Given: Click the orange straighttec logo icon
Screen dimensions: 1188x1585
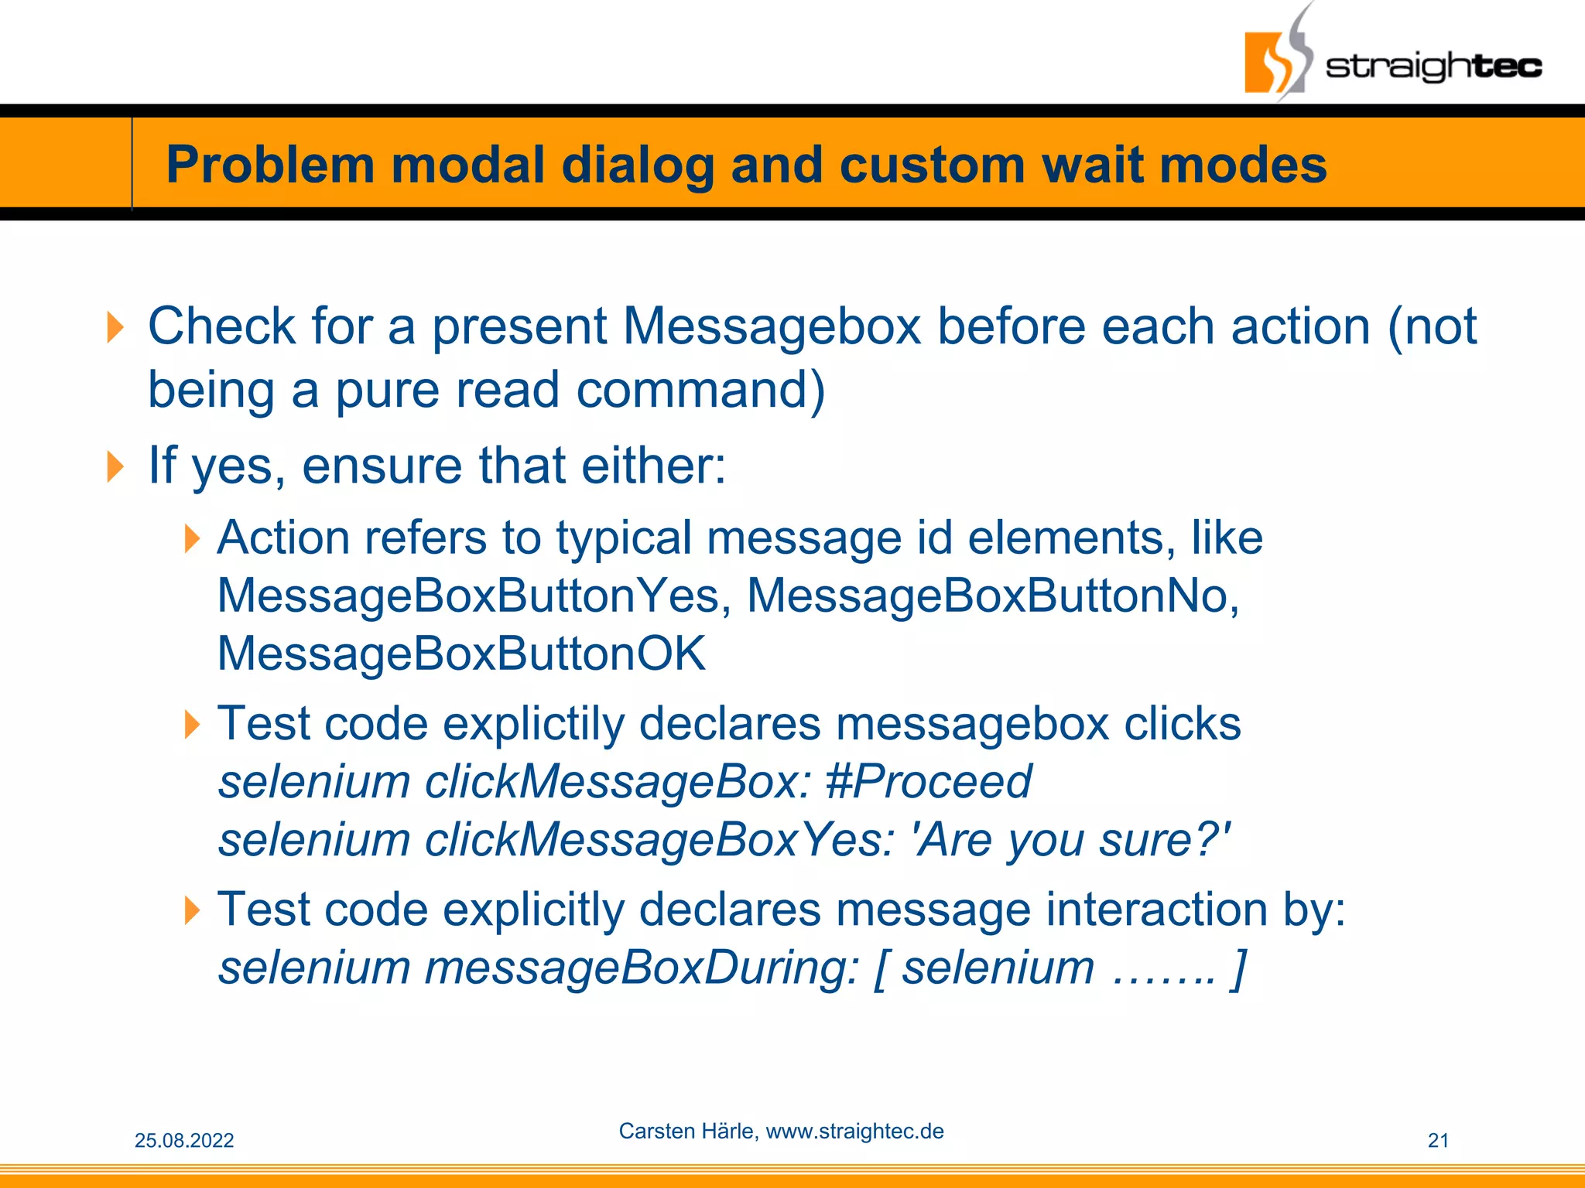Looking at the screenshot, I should (1269, 62).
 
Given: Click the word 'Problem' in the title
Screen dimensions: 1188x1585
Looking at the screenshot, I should (270, 166).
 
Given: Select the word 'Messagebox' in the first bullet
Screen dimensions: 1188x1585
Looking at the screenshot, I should (772, 326).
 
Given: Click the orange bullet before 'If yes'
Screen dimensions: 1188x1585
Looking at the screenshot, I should (115, 466).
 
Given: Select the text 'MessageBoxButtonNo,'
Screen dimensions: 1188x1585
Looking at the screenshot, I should (993, 596).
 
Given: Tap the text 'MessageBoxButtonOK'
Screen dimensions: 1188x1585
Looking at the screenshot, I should (461, 654).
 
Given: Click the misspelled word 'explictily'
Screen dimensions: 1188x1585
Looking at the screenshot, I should (533, 724).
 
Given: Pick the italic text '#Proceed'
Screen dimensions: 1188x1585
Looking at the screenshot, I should (928, 781).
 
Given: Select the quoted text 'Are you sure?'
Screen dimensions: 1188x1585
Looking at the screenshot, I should (1072, 840).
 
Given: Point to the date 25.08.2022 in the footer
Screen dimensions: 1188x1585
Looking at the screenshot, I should (184, 1141).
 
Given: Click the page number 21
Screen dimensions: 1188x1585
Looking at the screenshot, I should (1438, 1141).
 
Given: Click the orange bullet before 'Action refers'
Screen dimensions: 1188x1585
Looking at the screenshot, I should (192, 538).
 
